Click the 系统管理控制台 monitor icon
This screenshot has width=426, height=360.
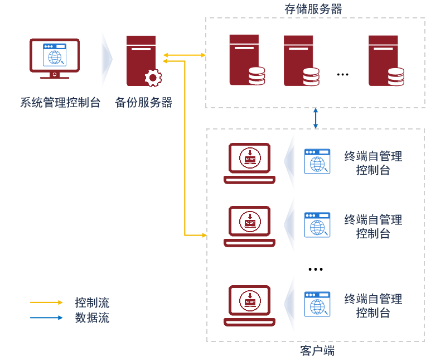point(55,58)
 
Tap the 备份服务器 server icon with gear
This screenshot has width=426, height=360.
point(142,61)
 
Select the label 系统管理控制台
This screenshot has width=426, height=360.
point(60,103)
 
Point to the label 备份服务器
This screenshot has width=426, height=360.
point(143,103)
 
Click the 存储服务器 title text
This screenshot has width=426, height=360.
point(313,9)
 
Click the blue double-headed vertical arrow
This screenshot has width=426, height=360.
point(316,118)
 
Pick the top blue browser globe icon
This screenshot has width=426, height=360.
point(317,161)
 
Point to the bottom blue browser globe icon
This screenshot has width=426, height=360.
point(317,304)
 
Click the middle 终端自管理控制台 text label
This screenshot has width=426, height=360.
point(373,227)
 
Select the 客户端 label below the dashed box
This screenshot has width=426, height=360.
point(317,351)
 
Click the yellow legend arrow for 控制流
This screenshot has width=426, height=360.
point(47,303)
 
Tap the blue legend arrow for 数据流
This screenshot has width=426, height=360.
point(47,318)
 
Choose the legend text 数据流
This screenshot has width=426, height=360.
point(92,318)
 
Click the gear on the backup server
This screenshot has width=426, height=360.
point(153,78)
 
